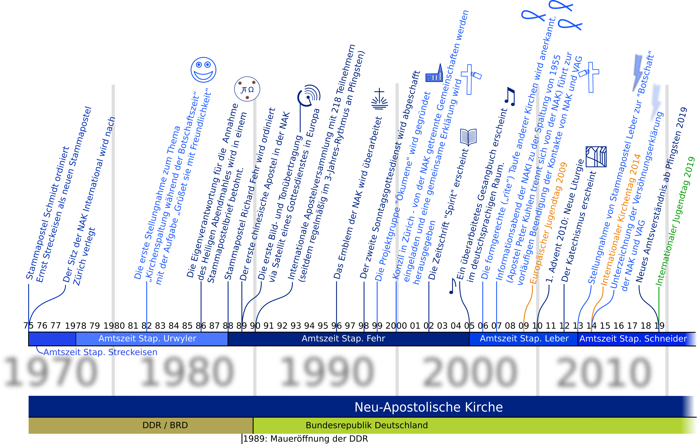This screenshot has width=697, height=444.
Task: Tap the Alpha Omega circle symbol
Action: click(x=247, y=89)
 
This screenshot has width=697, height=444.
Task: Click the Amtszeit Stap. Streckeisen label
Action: click(x=100, y=352)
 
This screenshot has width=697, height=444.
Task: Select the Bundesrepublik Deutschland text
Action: click(x=367, y=425)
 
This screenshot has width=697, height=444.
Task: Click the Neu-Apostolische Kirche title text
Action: click(x=429, y=407)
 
